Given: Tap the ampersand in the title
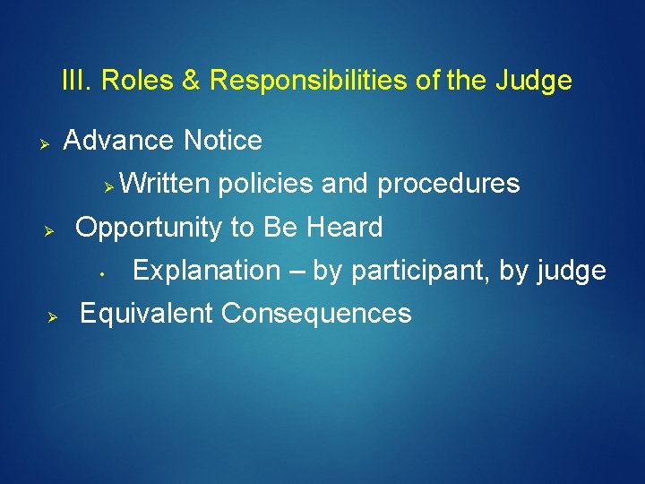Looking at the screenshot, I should coord(191,81).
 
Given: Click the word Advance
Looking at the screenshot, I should coord(119,141).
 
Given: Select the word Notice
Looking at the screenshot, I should coord(222,141).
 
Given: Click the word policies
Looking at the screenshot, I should coord(264,184).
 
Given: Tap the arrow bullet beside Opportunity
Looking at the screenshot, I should coord(51,230).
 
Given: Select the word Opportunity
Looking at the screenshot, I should coord(149,229).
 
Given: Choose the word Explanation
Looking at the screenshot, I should coord(206,271).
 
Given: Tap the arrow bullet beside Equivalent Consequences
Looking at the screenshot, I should coord(52,317).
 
